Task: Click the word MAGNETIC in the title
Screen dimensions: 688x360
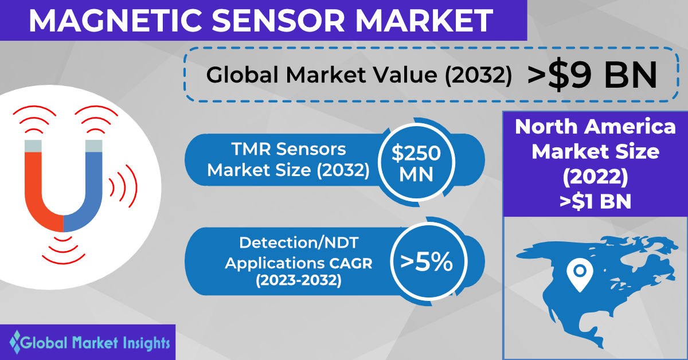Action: (x=115, y=21)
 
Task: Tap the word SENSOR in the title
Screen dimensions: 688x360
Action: (x=278, y=21)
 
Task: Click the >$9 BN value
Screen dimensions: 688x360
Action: (x=592, y=75)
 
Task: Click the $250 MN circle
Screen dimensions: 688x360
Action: (x=416, y=162)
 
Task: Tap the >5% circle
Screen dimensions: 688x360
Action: (x=429, y=261)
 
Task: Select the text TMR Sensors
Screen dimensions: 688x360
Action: (x=289, y=149)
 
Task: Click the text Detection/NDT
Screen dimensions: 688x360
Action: (x=299, y=242)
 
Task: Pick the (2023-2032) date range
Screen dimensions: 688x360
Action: (x=299, y=280)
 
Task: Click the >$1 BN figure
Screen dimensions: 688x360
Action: (x=595, y=202)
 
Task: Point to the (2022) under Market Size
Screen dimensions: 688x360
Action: (x=595, y=177)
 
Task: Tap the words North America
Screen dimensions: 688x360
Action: (x=595, y=127)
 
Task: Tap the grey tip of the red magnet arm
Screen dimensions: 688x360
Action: (x=33, y=146)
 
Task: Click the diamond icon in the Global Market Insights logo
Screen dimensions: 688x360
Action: (x=15, y=342)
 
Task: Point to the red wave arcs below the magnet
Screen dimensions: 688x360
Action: (x=64, y=251)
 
